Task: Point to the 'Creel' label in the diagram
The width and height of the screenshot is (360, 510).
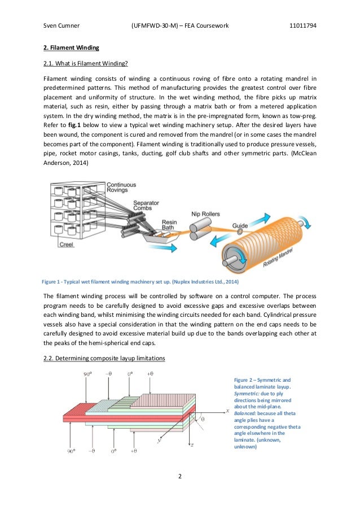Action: pyautogui.click(x=67, y=245)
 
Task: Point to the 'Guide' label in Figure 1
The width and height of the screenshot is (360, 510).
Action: pyautogui.click(x=240, y=226)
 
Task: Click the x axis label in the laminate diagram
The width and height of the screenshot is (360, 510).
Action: pyautogui.click(x=227, y=410)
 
